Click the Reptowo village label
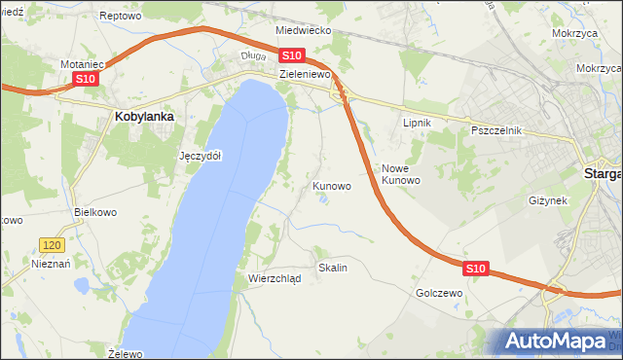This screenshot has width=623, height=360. click(121, 17)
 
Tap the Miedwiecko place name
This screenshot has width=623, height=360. click(304, 31)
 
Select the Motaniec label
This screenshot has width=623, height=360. click(83, 64)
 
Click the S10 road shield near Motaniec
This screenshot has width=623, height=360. click(85, 79)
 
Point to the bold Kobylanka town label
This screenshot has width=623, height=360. click(144, 117)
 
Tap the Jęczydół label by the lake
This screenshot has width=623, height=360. click(202, 156)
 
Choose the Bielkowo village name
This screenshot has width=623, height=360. click(95, 211)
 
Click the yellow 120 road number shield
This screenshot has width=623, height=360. click(53, 247)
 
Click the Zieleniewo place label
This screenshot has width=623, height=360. click(306, 74)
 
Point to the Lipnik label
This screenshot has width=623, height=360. click(417, 123)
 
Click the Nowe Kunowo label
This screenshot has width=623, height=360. click(400, 174)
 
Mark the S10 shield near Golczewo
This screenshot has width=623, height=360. click(475, 268)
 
